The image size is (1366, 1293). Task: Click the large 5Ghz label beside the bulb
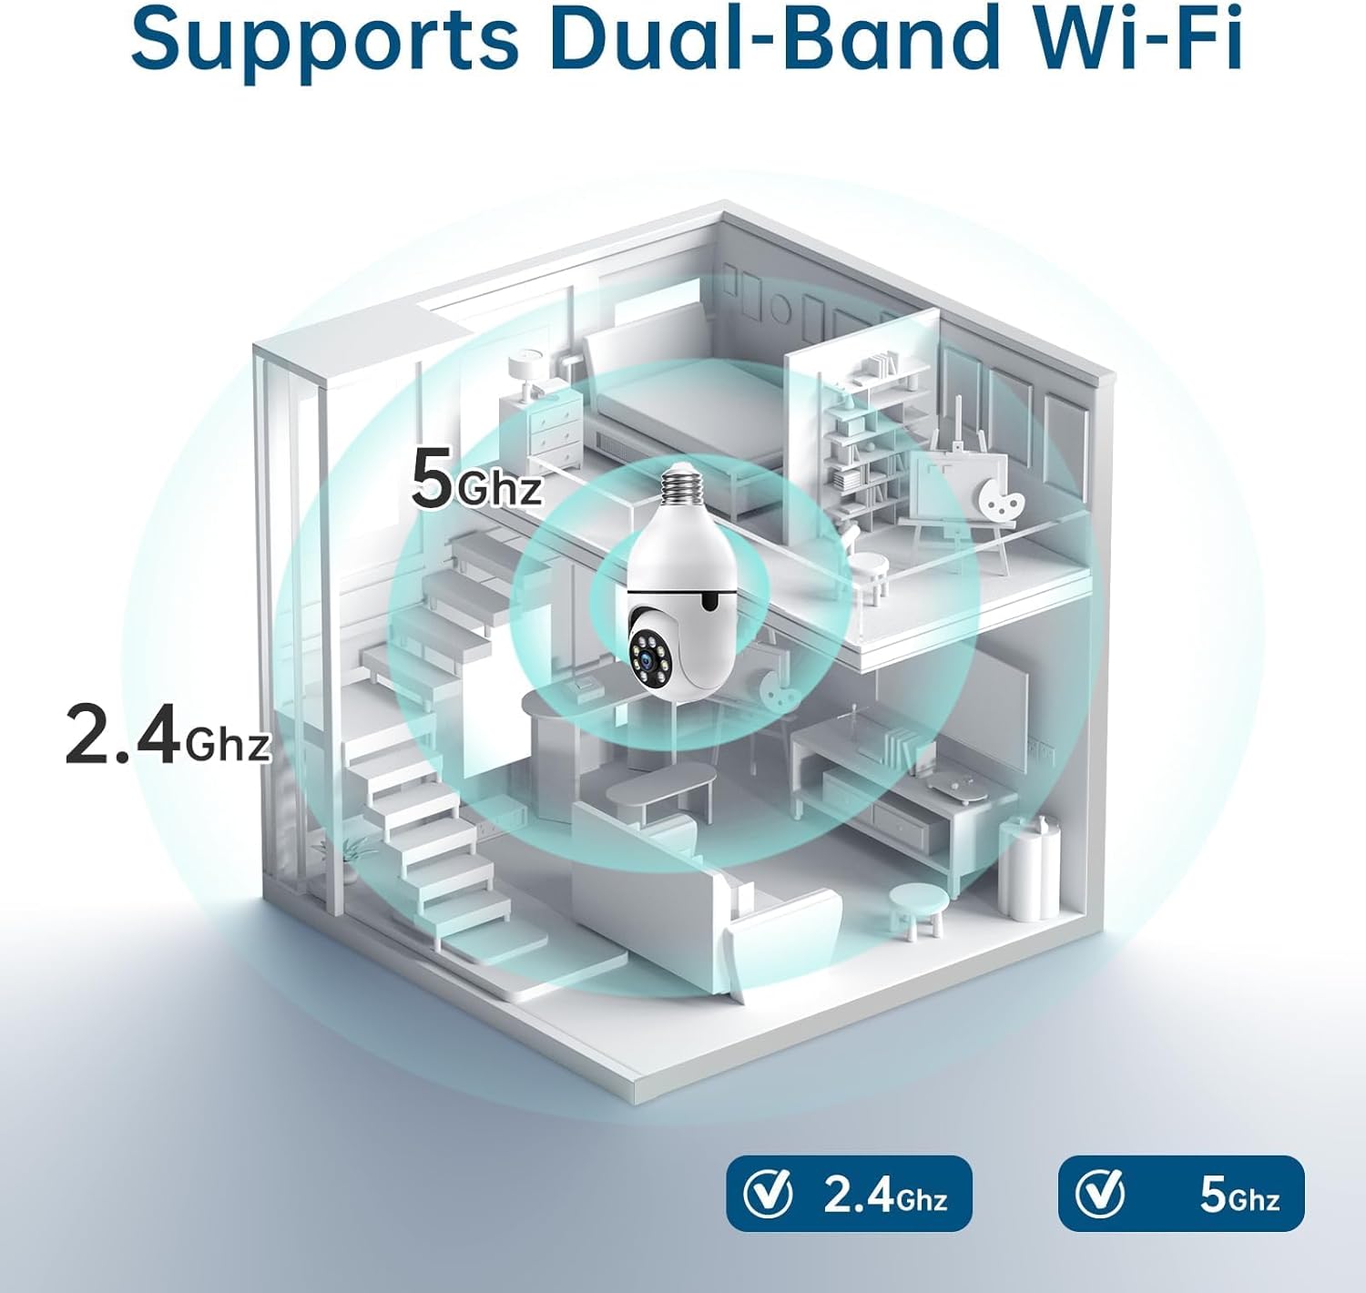pyautogui.click(x=476, y=479)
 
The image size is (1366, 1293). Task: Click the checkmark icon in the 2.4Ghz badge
pyautogui.click(x=767, y=1193)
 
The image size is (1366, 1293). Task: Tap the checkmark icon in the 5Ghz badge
pyautogui.click(x=1099, y=1193)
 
